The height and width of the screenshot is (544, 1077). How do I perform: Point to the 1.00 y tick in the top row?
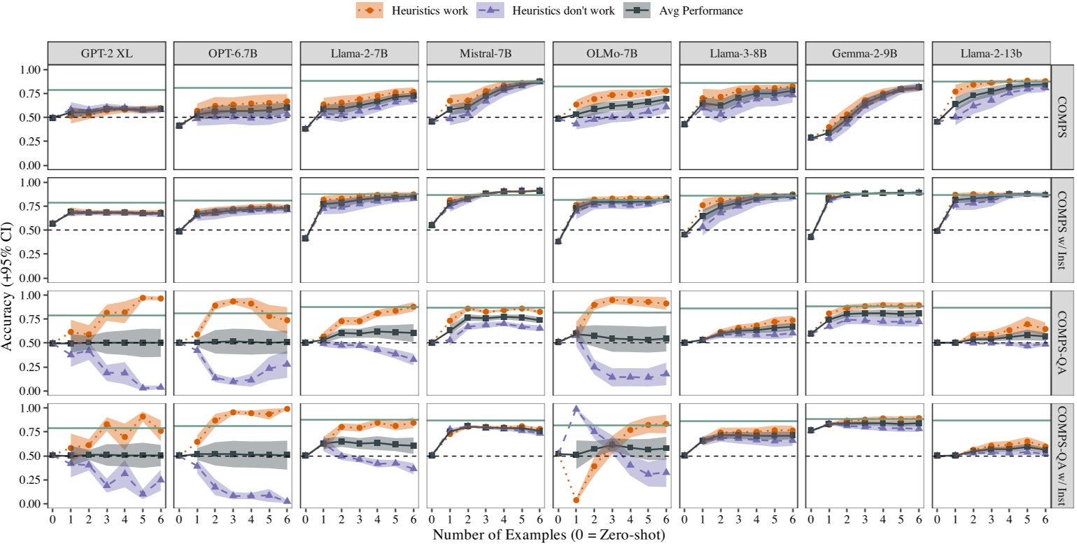tap(31, 70)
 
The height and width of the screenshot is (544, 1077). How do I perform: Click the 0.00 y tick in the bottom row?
tap(31, 503)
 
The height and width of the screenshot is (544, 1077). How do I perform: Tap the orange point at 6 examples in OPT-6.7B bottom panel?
tap(287, 409)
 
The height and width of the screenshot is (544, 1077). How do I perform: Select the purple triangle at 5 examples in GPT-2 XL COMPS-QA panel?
tap(143, 387)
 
